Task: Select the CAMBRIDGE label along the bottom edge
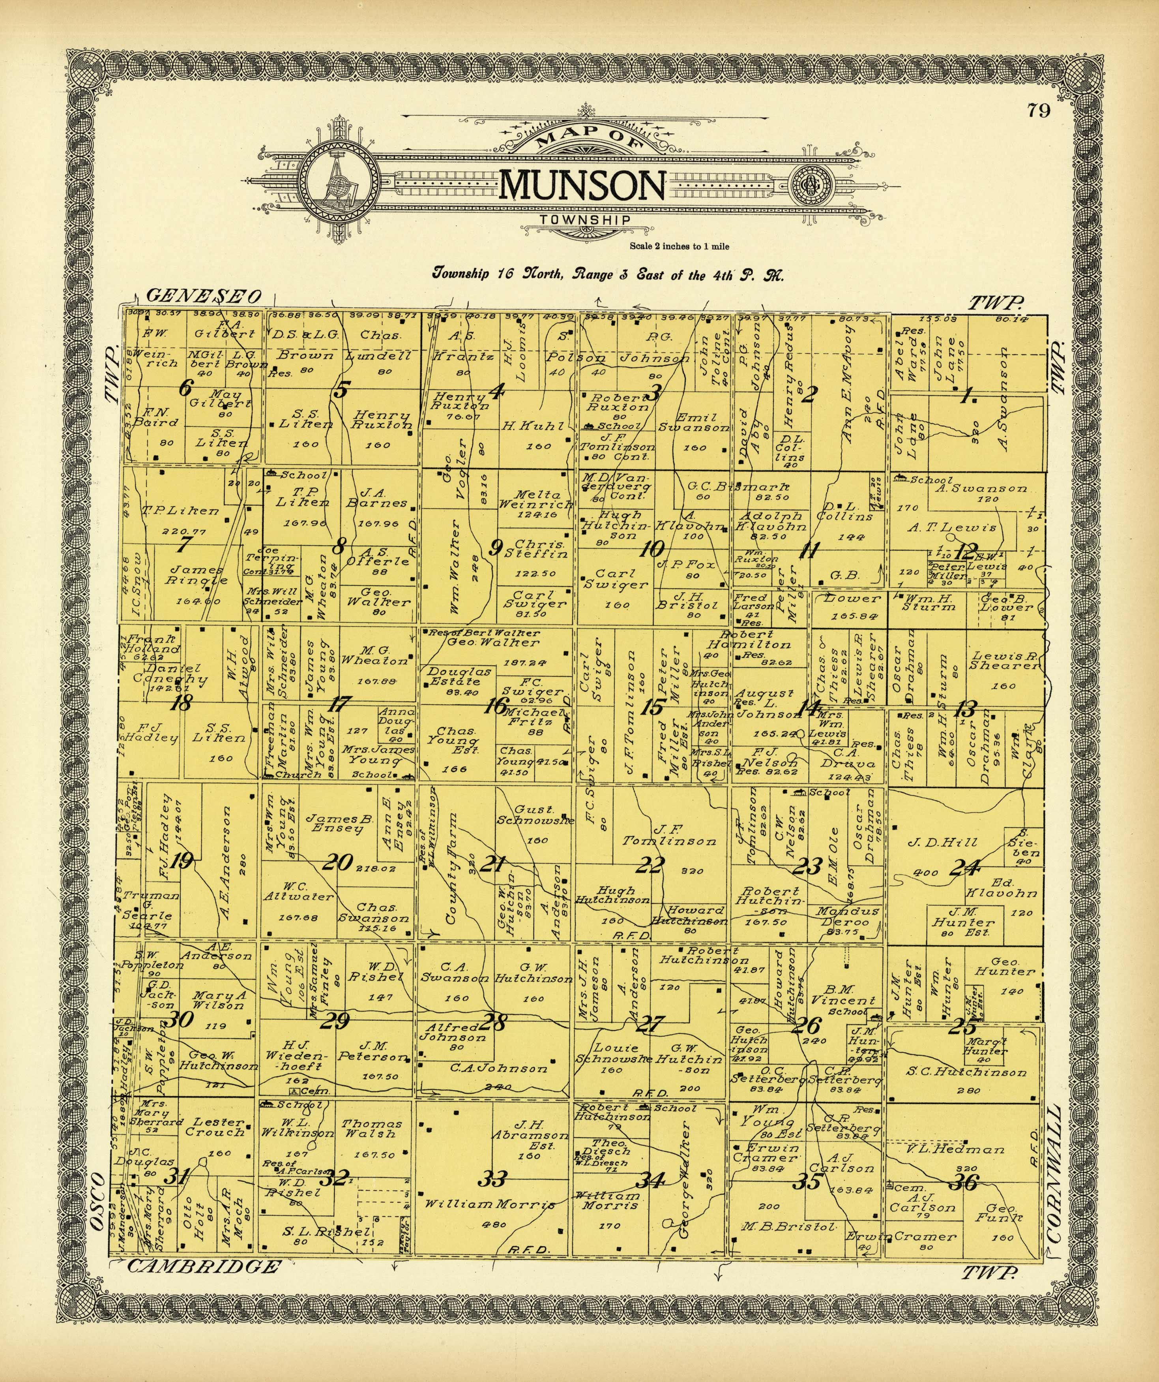coord(202,1266)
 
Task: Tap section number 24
coord(965,868)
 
